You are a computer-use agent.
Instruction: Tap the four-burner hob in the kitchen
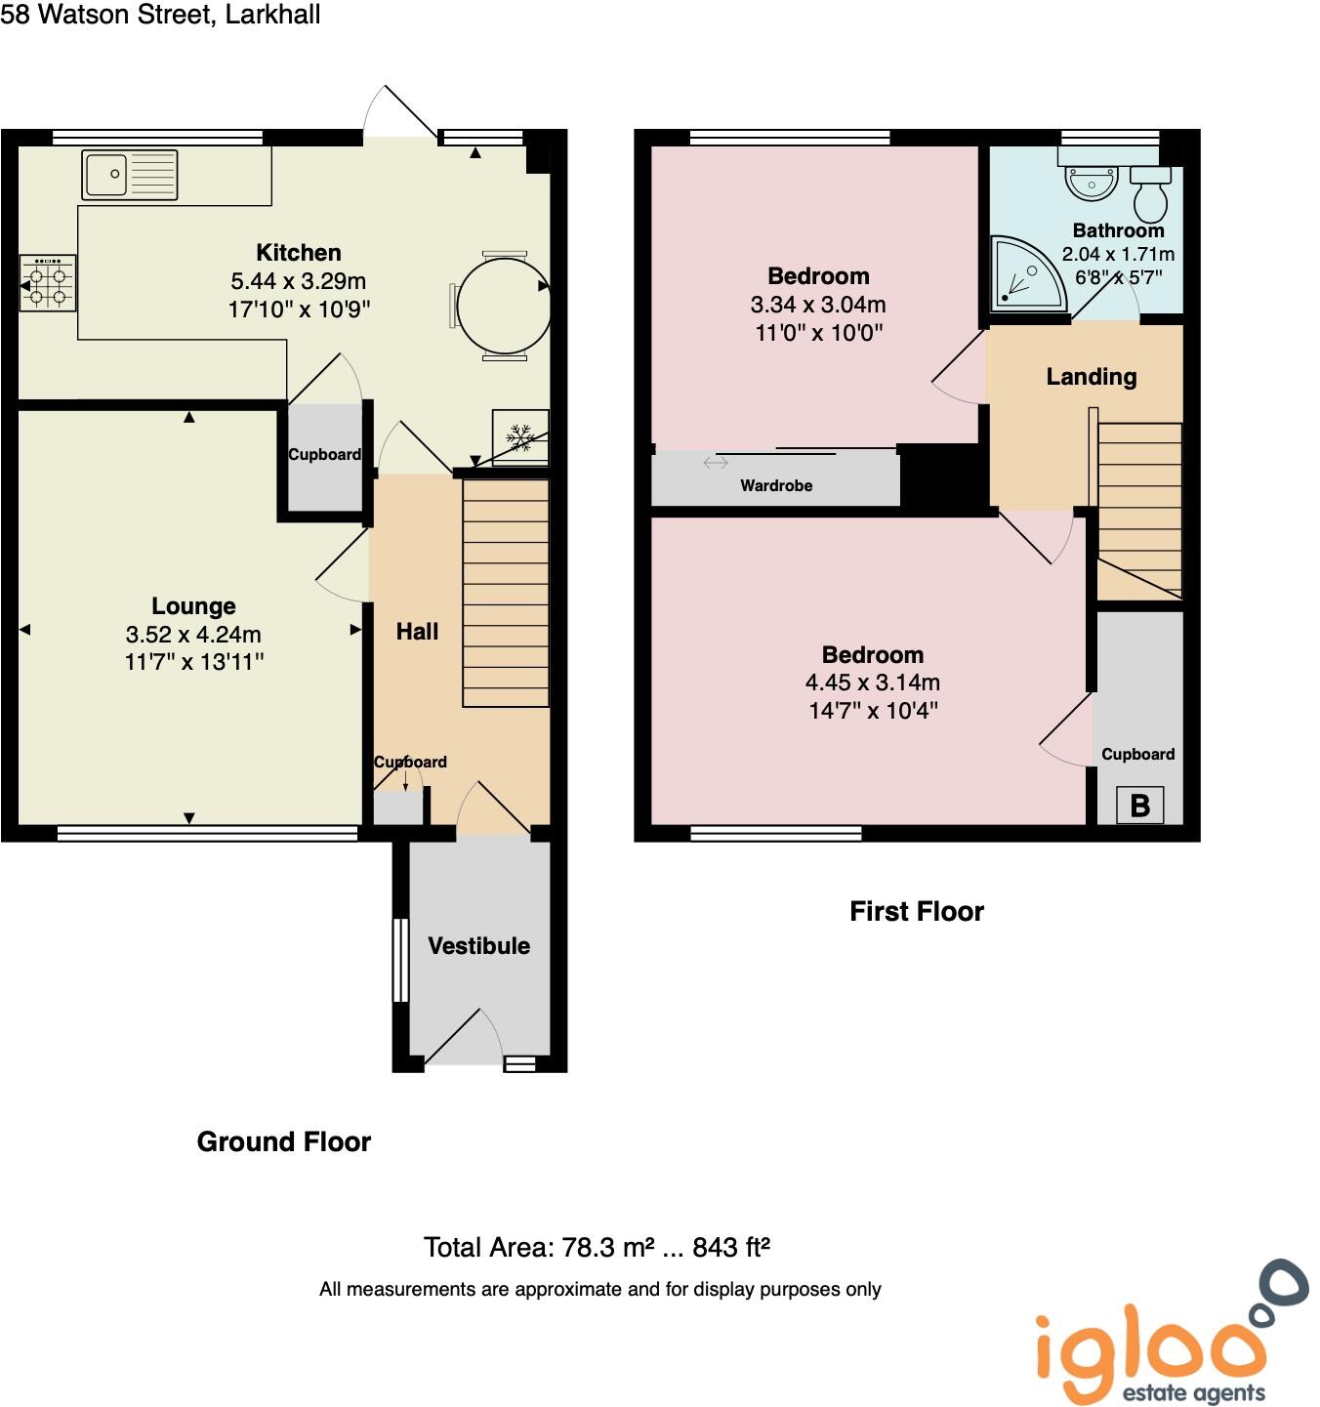click(x=48, y=284)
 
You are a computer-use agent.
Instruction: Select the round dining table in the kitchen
click(x=503, y=305)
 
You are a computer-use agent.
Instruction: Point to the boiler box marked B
click(x=1139, y=806)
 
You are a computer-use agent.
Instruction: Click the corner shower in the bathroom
click(x=1024, y=273)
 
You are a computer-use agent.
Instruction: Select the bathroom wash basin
click(x=1092, y=182)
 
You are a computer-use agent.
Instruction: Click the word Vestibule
click(x=478, y=945)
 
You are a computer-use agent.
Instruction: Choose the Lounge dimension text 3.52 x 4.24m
click(x=193, y=635)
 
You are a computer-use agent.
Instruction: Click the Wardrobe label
click(x=776, y=485)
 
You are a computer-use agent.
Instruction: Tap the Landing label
click(x=1092, y=377)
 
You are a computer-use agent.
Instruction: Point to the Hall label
click(x=417, y=632)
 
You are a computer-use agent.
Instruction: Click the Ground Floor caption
click(x=284, y=1141)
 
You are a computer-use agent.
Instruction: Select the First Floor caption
click(x=917, y=911)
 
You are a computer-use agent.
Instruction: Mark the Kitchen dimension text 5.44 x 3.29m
click(x=299, y=281)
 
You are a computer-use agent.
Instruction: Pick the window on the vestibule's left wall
click(x=400, y=960)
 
